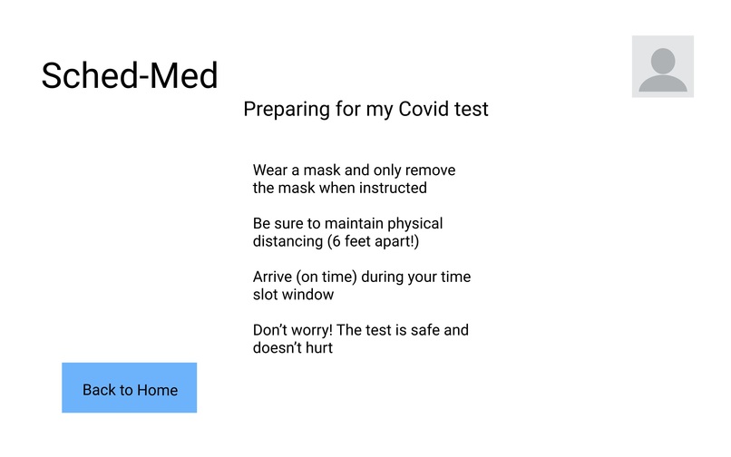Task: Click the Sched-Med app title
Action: pos(130,75)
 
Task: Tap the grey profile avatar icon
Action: pos(663,66)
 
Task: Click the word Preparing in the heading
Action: pos(284,110)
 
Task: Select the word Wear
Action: pos(270,170)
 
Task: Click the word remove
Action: pos(430,170)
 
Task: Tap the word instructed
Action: pos(389,189)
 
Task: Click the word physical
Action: pos(415,223)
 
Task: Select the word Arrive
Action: pos(274,277)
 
